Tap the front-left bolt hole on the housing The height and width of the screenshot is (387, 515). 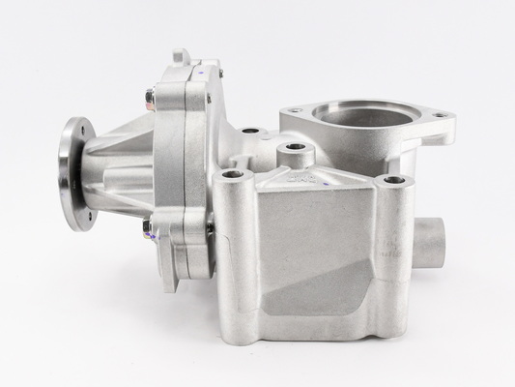232,176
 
